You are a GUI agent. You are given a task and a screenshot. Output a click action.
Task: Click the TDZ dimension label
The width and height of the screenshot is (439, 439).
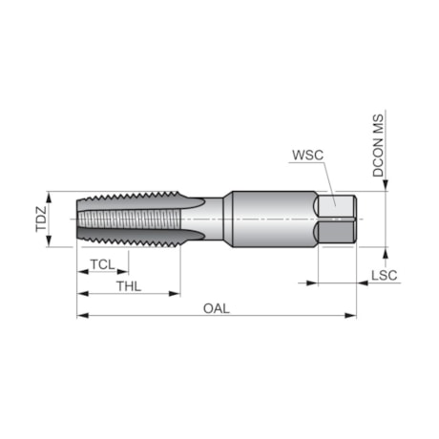coord(41,219)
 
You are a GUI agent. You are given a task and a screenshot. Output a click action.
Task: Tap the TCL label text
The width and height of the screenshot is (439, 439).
coord(103,263)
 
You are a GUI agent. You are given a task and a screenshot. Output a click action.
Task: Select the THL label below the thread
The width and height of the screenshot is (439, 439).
coord(130,286)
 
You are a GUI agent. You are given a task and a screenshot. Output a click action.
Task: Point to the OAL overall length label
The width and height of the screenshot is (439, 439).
coord(217,308)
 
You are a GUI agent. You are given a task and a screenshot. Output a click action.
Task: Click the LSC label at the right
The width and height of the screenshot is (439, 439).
coord(383,276)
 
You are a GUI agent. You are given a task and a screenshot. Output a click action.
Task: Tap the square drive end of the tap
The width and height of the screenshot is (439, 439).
coord(337,219)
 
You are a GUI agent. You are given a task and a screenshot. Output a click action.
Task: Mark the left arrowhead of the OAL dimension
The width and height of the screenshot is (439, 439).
coord(81,316)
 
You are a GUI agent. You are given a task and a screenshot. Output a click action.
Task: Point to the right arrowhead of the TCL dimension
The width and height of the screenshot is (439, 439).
coord(127,271)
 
